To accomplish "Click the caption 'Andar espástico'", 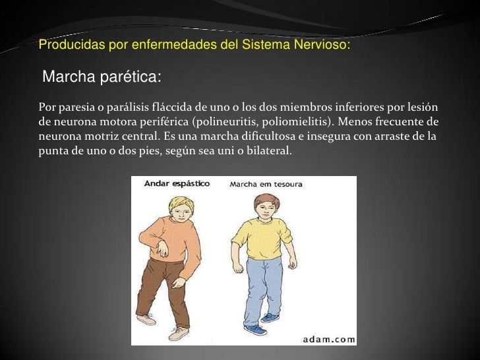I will [x=177, y=184].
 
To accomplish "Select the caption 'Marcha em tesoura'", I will [x=266, y=184].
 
